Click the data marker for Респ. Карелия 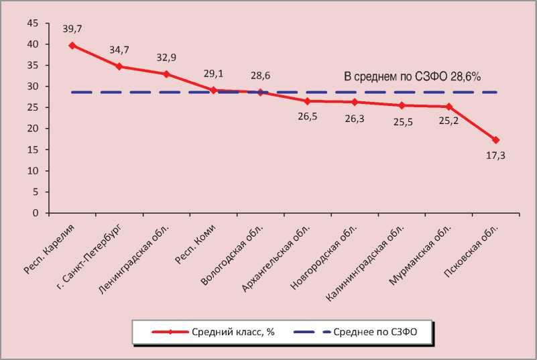72,46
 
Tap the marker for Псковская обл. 496,140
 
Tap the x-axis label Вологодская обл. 234,251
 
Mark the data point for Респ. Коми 213,90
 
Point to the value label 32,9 166,58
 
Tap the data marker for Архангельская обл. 307,101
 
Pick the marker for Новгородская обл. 355,102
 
